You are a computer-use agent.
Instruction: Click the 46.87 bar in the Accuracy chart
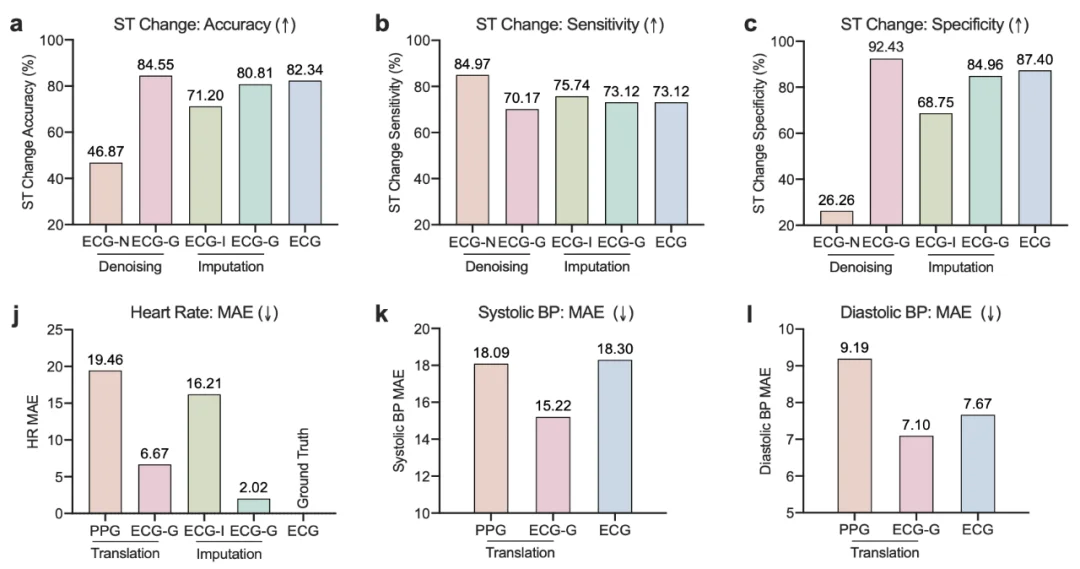tap(105, 193)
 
